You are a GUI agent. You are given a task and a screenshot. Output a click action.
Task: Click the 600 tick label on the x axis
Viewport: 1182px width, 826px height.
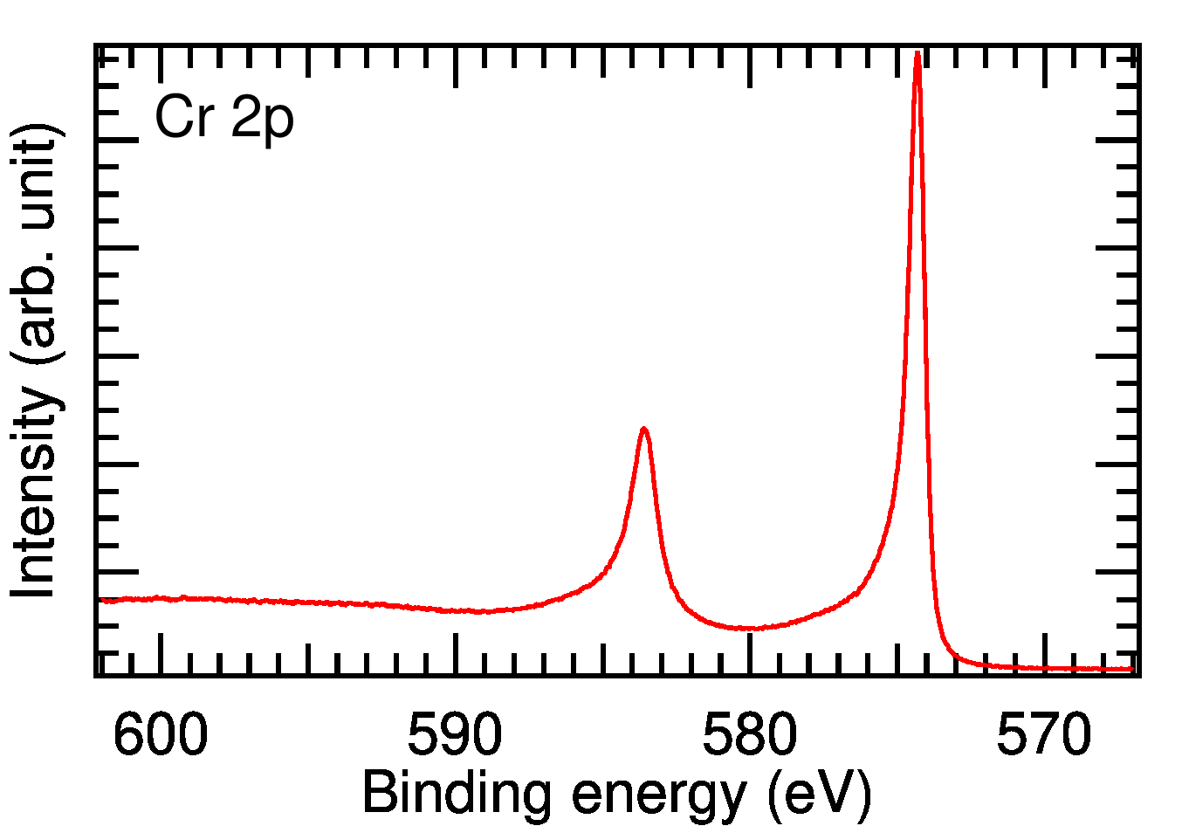161,736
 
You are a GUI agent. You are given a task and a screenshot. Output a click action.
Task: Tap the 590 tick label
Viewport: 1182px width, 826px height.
455,736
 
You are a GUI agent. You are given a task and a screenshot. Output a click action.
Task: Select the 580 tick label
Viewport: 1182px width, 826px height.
750,736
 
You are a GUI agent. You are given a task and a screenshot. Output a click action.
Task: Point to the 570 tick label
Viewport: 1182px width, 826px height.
1044,736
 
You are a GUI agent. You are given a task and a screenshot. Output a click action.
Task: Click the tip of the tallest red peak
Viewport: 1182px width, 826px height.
917,54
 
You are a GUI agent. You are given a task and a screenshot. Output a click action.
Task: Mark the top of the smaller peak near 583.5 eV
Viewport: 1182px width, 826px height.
643,429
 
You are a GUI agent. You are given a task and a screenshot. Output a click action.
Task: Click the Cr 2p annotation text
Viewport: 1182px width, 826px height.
224,118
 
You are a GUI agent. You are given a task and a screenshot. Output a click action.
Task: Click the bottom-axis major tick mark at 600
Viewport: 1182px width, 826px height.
161,655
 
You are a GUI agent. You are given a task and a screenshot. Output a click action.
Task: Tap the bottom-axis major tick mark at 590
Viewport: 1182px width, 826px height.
456,655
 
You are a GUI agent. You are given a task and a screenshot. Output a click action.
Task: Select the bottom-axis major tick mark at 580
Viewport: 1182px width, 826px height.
750,655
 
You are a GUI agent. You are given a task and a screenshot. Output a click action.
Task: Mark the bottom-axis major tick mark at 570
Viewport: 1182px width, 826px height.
1044,655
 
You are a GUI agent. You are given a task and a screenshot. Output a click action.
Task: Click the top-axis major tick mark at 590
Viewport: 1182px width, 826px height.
456,65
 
